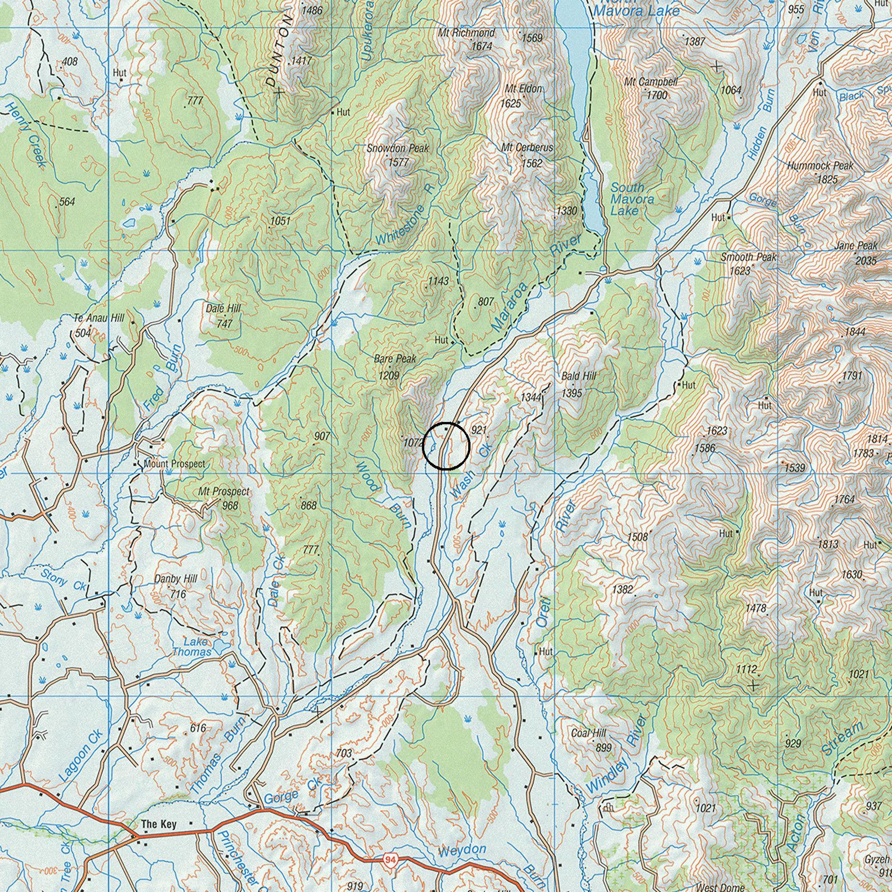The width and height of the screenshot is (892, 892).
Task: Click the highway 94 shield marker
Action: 390,860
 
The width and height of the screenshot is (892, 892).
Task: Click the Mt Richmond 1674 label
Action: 467,39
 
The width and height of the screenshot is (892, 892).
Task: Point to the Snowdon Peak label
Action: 398,148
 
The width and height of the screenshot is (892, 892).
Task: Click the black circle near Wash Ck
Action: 446,446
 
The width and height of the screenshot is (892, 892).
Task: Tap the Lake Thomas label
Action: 193,647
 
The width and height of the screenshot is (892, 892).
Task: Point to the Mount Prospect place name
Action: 174,464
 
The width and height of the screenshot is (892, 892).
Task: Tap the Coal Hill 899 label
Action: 590,740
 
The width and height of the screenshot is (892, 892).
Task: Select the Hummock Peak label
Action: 820,166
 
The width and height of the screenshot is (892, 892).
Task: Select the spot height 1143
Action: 438,281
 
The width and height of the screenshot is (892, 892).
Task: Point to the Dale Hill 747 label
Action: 223,316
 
